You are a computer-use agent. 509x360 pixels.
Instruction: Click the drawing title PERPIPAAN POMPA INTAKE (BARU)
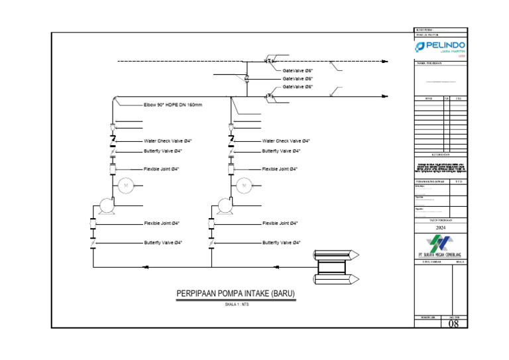[x=235, y=294]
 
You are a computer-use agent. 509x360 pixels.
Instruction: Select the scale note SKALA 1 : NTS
[x=236, y=304]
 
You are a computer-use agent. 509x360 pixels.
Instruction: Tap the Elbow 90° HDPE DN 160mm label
[x=172, y=105]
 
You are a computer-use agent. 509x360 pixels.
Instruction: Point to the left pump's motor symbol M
[x=125, y=186]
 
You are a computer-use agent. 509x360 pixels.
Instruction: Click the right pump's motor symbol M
[x=243, y=186]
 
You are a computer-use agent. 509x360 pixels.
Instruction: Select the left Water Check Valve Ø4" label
[x=168, y=141]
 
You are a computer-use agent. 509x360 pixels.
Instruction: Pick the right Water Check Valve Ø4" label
[x=286, y=141]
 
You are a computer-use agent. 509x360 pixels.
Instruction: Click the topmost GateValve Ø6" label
[x=298, y=70]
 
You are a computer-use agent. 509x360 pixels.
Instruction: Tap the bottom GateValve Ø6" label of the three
[x=298, y=87]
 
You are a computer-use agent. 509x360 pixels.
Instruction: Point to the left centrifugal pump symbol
[x=104, y=206]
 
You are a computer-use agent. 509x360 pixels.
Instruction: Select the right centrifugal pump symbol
[x=223, y=206]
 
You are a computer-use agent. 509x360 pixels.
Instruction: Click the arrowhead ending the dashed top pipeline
[x=385, y=62]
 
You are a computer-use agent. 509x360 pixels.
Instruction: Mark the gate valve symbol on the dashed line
[x=271, y=62]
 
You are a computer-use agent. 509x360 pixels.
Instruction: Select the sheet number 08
[x=454, y=324]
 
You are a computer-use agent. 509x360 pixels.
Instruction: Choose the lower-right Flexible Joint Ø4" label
[x=280, y=223]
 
